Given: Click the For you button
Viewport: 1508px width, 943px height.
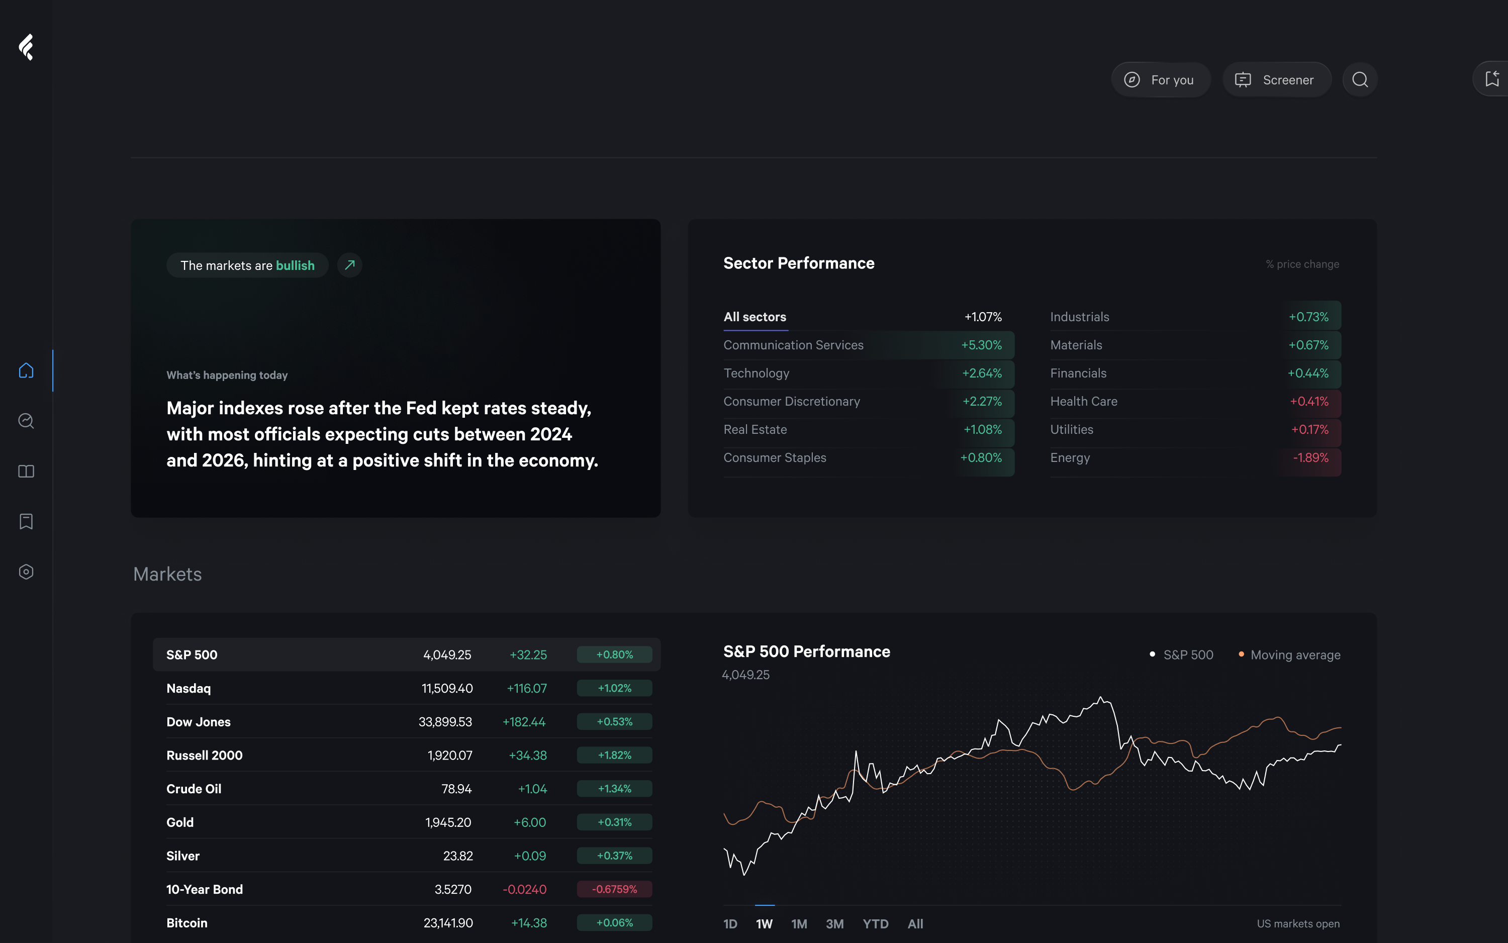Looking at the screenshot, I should [x=1160, y=80].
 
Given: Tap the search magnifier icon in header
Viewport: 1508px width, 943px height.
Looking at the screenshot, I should [x=1360, y=80].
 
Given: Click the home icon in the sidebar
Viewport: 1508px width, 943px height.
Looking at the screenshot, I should [x=26, y=370].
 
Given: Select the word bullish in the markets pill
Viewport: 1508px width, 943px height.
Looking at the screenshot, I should [x=295, y=266].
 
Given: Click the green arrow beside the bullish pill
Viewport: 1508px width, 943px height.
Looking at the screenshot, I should [x=350, y=265].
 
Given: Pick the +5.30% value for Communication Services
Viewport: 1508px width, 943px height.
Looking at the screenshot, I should [x=981, y=345].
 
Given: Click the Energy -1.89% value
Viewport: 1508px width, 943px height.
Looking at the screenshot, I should [x=1310, y=458].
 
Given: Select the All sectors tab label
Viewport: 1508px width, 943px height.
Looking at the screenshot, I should [x=755, y=317].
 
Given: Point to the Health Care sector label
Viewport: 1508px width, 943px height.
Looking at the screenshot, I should [x=1083, y=402].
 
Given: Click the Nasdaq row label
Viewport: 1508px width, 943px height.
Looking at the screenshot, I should [x=189, y=689].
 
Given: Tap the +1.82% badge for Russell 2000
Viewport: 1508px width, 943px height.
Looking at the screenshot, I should [x=614, y=756].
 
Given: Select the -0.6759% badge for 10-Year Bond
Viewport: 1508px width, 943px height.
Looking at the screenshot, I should [x=614, y=889].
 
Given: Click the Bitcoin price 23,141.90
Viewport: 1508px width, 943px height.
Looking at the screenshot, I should [x=448, y=923].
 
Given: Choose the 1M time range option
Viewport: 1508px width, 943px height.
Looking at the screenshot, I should [x=799, y=924].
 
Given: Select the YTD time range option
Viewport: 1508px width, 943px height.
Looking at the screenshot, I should [x=875, y=924].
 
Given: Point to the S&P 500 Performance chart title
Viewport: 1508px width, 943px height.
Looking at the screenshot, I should [x=806, y=652].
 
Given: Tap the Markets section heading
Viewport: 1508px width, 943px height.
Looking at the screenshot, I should [x=167, y=575].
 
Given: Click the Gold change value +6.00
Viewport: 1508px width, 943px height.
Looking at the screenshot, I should [x=529, y=823].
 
